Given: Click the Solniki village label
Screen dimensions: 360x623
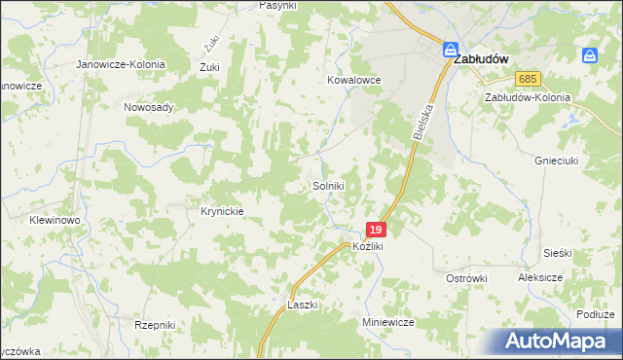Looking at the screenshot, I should point(328,185).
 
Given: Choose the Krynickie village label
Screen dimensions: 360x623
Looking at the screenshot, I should point(221,210).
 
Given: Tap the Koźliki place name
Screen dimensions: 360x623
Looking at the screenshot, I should point(369,247).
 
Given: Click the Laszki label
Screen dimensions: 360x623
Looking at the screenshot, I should point(303,305).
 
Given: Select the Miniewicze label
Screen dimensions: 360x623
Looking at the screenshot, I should point(388,321).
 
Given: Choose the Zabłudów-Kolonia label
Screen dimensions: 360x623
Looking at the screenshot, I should point(527,98).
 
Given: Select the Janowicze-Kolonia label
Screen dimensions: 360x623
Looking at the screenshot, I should point(122,64).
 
